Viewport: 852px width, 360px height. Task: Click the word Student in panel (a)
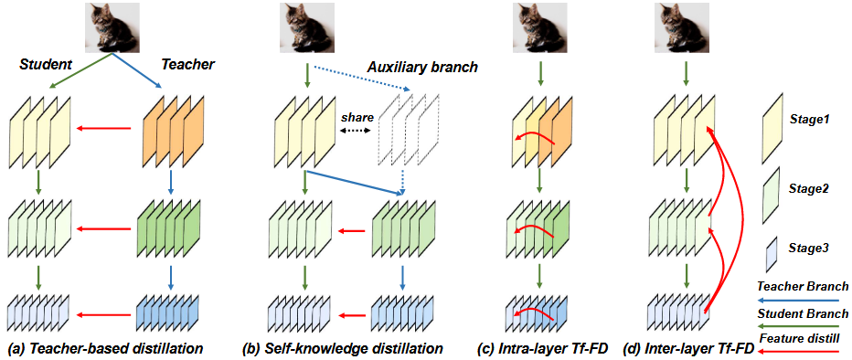44,64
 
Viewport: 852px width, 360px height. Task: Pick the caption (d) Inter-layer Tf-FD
689,348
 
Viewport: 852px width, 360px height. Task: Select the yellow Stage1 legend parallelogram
772,120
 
